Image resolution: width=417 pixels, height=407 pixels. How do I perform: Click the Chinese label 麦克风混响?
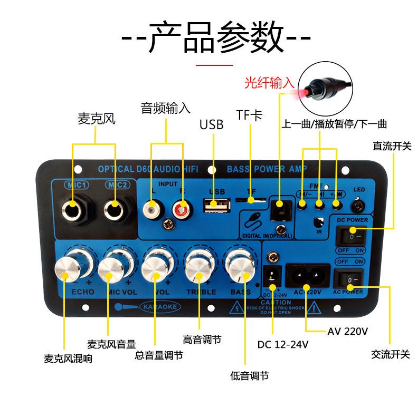pos(68,358)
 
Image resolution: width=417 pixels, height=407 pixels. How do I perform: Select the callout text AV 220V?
pos(347,332)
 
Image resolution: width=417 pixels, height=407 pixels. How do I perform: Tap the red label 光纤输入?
pos(268,83)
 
